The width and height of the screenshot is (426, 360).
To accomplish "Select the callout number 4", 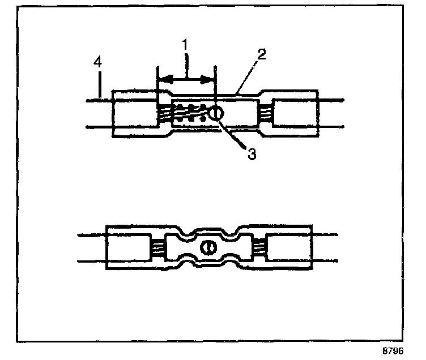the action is [x=99, y=63].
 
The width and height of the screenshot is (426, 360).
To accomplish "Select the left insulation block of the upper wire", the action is [x=134, y=113].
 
